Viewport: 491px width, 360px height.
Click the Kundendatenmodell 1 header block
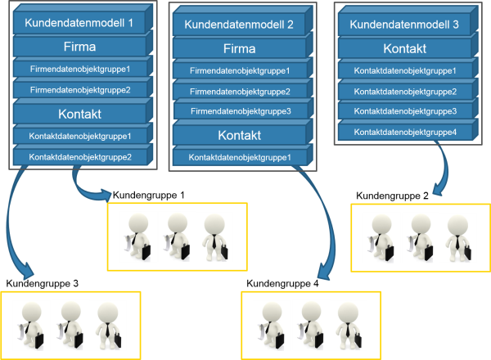coord(80,23)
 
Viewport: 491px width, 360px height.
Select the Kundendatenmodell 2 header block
coord(239,24)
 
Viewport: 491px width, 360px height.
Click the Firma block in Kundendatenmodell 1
coord(80,46)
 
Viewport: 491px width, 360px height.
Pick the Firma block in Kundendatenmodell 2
coord(239,47)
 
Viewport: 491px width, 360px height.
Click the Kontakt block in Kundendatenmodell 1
coord(80,113)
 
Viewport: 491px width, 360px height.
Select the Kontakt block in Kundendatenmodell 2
coord(239,134)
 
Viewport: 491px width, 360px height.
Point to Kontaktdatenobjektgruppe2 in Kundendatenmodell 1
coord(80,156)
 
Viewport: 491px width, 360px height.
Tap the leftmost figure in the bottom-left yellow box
coord(29,322)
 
